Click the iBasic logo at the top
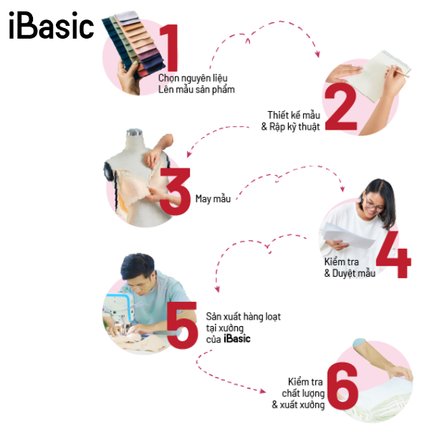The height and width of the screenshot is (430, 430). (x=52, y=25)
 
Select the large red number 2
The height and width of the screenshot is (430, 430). (x=341, y=107)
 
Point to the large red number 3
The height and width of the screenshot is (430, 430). (x=176, y=191)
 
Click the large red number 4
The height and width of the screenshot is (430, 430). (x=393, y=254)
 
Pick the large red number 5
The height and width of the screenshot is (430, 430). (x=182, y=325)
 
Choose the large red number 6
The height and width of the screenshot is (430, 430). (x=343, y=386)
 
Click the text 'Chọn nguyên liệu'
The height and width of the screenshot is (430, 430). (x=193, y=78)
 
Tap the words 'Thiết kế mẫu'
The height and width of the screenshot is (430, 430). (x=294, y=115)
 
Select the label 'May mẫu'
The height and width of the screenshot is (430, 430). (x=213, y=199)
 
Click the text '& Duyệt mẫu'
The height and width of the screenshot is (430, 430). (x=350, y=273)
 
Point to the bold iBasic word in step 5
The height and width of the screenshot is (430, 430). (x=237, y=339)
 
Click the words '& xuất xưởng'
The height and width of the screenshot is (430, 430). (x=298, y=405)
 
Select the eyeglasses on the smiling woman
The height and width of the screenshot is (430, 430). (x=373, y=204)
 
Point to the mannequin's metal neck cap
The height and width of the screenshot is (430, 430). (x=135, y=133)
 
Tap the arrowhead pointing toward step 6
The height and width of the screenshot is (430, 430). (x=262, y=391)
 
